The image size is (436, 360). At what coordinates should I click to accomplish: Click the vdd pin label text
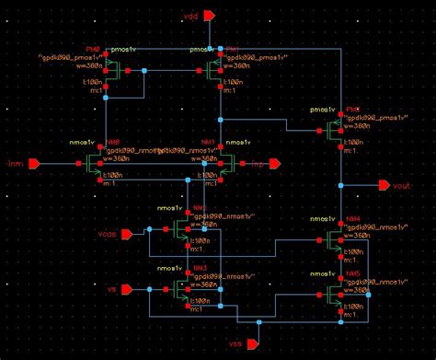190,16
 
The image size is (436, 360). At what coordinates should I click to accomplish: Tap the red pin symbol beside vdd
210,16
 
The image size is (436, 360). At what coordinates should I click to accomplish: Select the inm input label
14,164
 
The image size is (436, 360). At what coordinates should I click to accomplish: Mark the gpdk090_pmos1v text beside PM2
368,120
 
